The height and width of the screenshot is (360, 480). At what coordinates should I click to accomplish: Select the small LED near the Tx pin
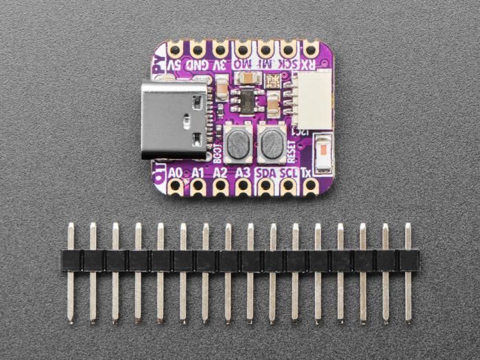[x=322, y=147]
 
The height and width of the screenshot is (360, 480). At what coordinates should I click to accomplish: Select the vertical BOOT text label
[x=217, y=148]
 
